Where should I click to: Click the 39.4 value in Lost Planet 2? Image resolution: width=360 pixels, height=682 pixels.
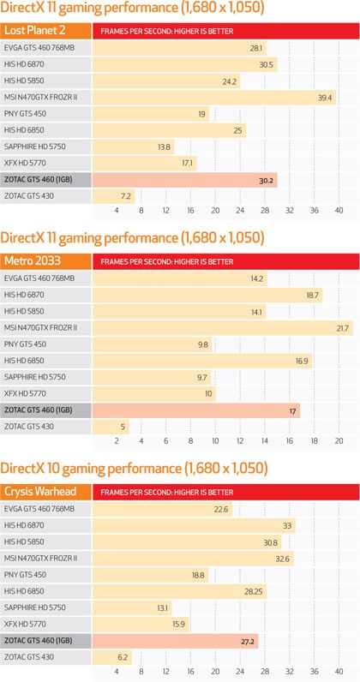(325, 98)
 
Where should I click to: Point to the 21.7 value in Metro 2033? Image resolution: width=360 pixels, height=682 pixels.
(343, 327)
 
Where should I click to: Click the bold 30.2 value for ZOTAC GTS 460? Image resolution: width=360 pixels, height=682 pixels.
(266, 180)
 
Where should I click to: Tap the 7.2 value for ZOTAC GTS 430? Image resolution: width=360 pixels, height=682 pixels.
(126, 196)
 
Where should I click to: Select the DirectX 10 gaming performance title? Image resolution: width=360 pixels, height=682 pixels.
(134, 469)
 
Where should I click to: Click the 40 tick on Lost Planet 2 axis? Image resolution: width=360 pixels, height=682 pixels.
(339, 211)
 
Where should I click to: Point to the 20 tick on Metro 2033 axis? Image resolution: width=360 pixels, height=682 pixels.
(339, 440)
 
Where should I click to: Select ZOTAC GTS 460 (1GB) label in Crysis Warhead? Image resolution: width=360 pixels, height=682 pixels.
(42, 639)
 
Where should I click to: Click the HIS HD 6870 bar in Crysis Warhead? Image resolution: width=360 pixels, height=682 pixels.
(193, 525)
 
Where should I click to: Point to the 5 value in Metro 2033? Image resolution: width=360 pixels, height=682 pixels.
(123, 426)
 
